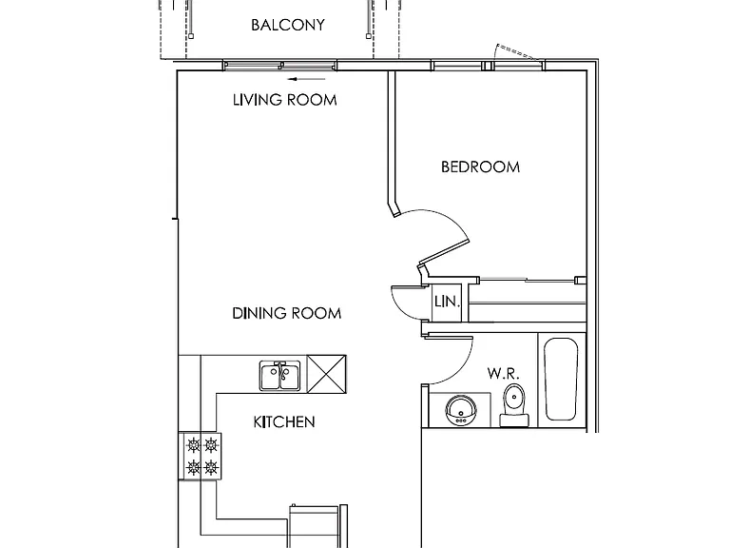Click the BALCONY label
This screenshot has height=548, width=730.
click(288, 25)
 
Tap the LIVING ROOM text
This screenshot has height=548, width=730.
click(284, 100)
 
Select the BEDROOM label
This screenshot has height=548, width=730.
click(480, 166)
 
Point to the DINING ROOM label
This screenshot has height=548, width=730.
click(287, 313)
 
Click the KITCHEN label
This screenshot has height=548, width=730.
click(284, 421)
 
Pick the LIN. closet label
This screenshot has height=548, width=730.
click(447, 302)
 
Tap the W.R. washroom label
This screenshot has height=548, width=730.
click(503, 373)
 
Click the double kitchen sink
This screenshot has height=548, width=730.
click(279, 376)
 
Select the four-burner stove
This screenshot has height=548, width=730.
click(200, 457)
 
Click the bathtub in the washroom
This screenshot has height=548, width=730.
click(562, 380)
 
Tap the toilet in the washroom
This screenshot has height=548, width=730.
click(514, 405)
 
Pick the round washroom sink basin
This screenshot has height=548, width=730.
click(461, 410)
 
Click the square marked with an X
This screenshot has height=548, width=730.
click(327, 374)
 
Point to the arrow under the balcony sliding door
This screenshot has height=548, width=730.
click(306, 79)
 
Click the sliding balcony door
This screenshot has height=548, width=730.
click(279, 66)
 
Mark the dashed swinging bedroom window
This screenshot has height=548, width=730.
click(518, 52)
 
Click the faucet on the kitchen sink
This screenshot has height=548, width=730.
click(280, 369)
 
